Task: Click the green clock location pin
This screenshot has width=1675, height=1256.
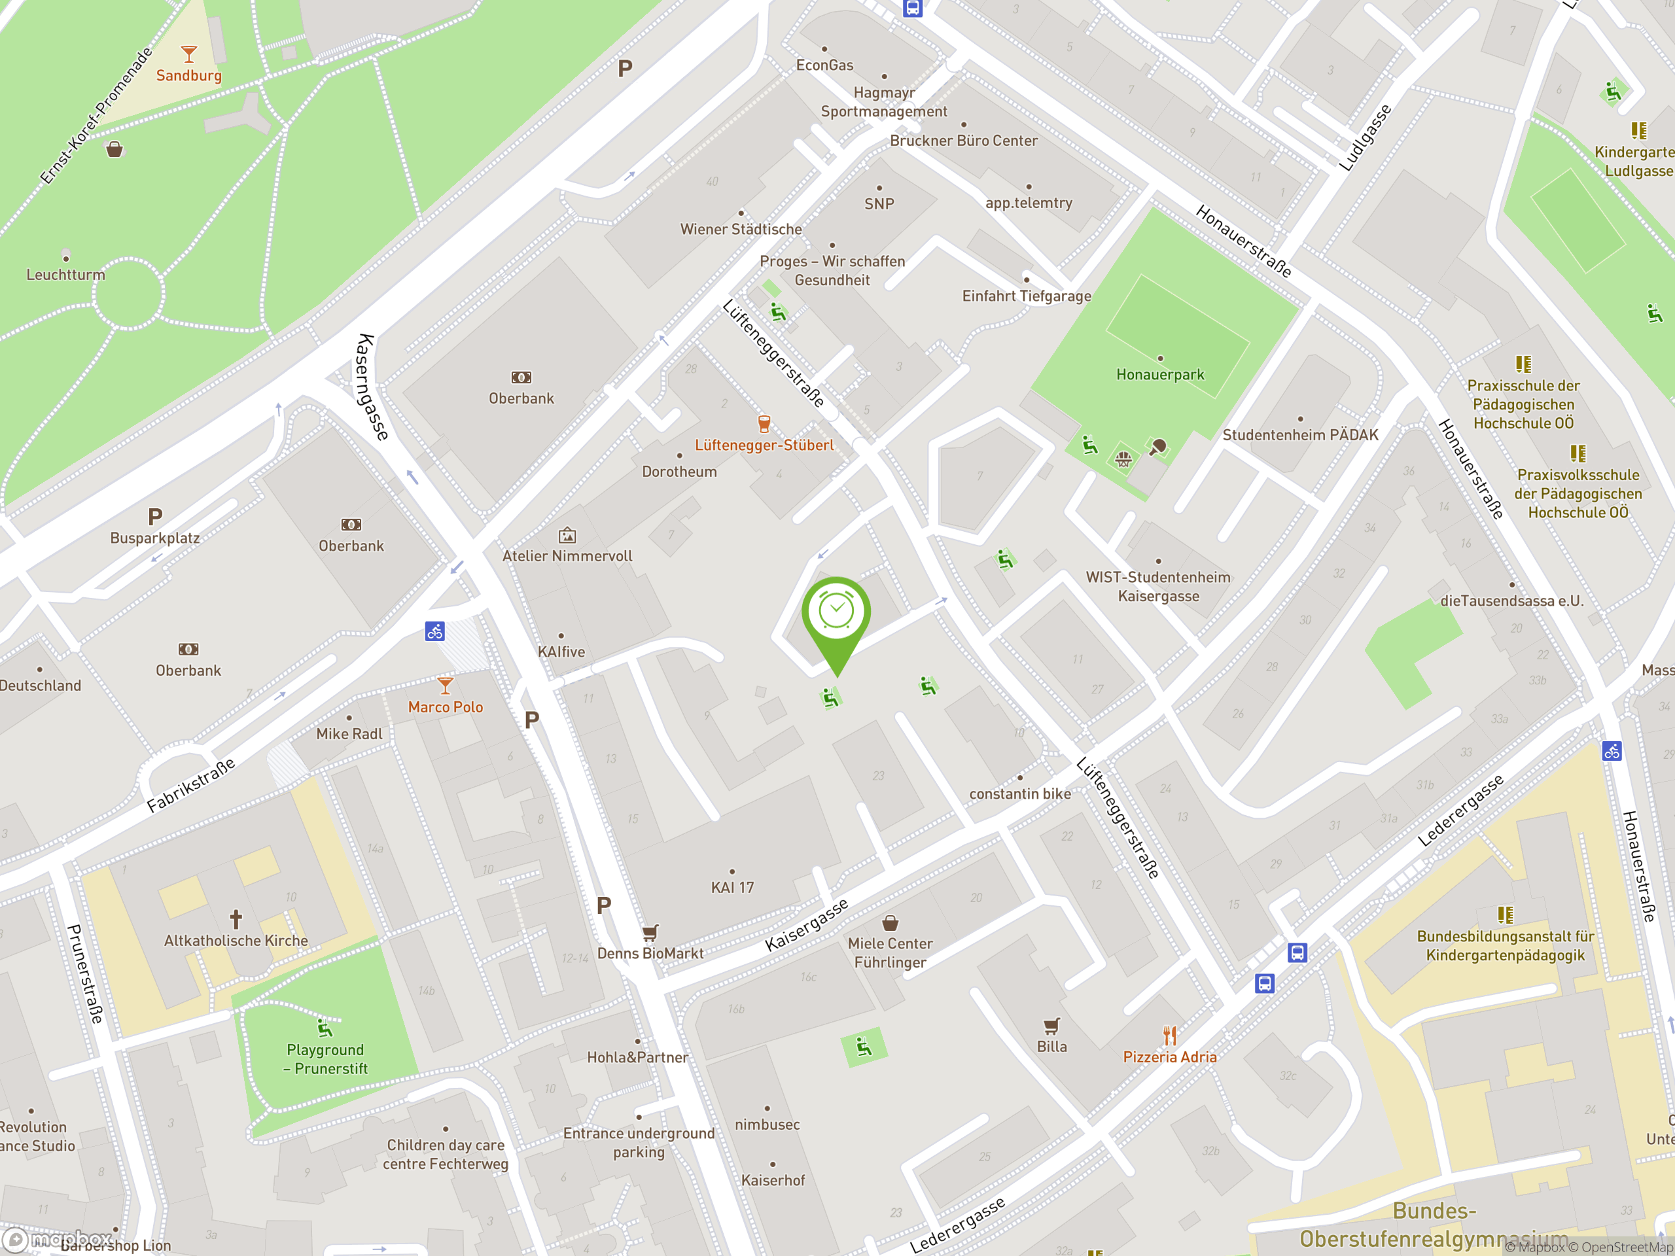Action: point(836,613)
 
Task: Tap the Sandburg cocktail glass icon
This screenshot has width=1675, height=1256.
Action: point(188,54)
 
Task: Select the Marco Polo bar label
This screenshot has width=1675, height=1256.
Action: point(446,707)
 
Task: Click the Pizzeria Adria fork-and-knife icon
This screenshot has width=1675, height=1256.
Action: point(1170,1035)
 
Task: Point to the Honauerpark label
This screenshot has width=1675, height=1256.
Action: point(1159,375)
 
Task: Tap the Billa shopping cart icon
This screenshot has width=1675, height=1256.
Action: point(1051,1026)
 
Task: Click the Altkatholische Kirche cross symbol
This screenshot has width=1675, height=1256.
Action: point(236,919)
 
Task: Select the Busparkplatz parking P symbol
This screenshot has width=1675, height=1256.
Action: point(155,517)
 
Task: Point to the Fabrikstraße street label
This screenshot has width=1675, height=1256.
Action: point(191,784)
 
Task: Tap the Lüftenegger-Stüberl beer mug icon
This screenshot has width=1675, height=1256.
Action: point(764,423)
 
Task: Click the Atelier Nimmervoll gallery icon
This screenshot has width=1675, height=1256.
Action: point(567,536)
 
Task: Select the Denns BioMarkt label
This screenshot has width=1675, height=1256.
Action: point(650,954)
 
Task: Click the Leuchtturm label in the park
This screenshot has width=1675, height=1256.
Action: point(66,275)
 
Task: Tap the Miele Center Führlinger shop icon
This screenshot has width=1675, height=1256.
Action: point(890,923)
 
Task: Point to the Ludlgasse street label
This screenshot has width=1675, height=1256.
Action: point(1364,138)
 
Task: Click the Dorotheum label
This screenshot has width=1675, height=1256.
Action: point(679,472)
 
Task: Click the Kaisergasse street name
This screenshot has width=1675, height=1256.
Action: point(807,925)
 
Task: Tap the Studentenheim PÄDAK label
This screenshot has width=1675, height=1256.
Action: point(1300,435)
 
